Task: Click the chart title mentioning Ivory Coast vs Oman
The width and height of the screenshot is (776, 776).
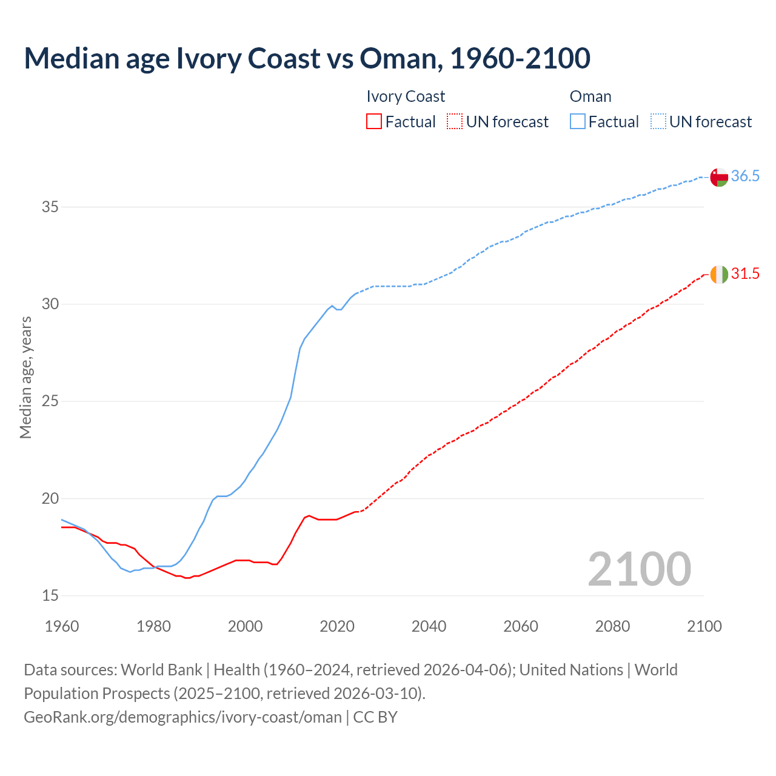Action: [x=307, y=58]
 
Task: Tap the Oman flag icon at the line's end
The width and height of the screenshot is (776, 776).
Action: [x=719, y=177]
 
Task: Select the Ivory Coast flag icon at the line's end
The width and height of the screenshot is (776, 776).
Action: [x=719, y=274]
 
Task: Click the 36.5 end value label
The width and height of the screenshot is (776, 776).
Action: [x=745, y=176]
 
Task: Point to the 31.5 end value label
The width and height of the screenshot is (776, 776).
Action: [x=745, y=274]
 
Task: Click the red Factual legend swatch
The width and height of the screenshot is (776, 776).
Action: [x=374, y=122]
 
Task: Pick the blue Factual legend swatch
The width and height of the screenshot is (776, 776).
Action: [x=577, y=122]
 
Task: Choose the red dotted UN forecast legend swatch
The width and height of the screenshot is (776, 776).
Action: [x=455, y=122]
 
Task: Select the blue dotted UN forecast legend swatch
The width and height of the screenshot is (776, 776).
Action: [x=658, y=122]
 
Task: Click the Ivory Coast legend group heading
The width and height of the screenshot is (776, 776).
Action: [x=406, y=96]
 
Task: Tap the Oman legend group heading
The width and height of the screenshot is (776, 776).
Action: [x=590, y=96]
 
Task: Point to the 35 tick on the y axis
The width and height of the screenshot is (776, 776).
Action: [x=50, y=207]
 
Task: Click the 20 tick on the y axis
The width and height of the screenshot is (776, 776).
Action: [x=50, y=499]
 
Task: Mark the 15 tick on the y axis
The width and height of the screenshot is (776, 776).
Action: [x=50, y=596]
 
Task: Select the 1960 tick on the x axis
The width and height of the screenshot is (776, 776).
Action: [x=62, y=626]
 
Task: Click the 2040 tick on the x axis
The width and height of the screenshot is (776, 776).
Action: [x=429, y=626]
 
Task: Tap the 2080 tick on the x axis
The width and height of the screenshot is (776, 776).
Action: [x=612, y=626]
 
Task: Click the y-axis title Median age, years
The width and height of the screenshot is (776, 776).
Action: [x=25, y=377]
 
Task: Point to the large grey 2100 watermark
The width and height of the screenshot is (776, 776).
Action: [x=639, y=569]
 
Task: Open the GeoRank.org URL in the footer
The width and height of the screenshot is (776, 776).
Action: [x=182, y=717]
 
